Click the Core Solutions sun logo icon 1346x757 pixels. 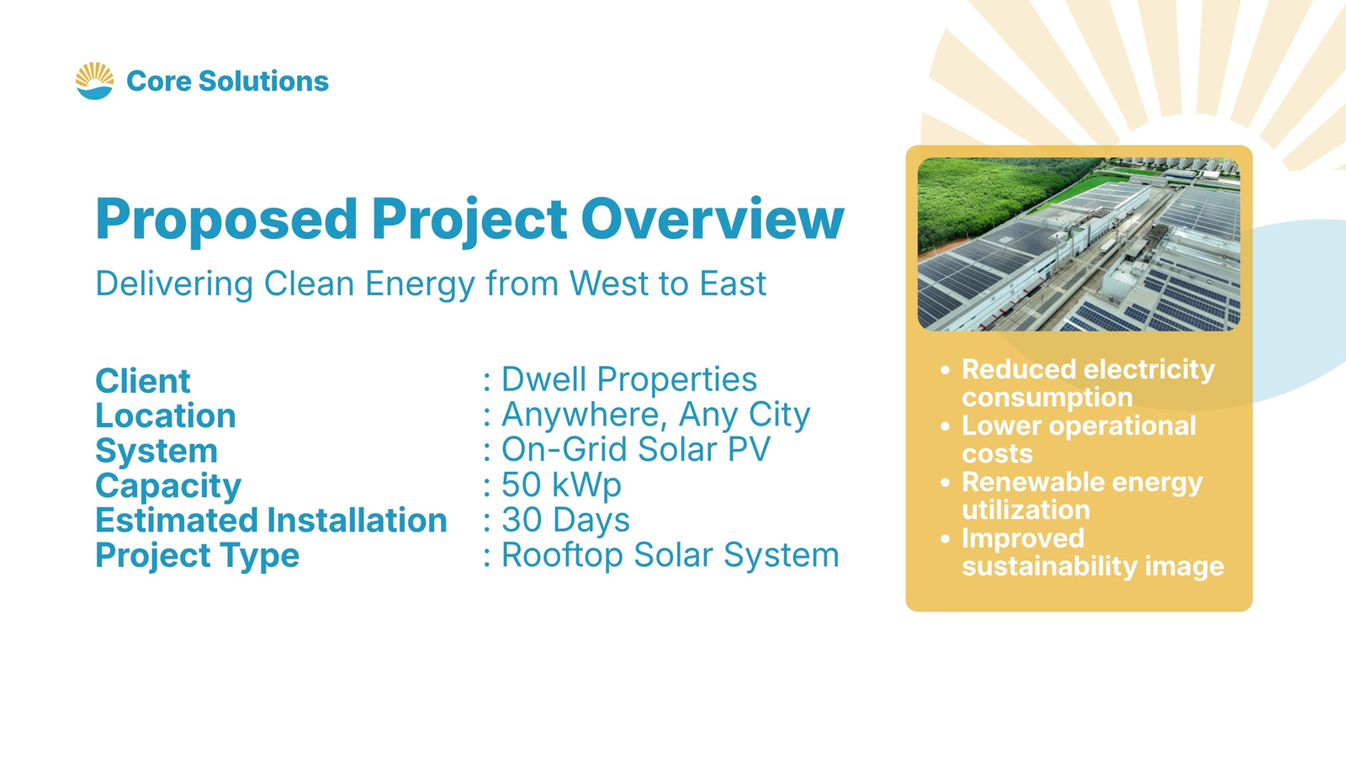coord(94,81)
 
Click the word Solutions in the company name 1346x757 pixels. coord(263,81)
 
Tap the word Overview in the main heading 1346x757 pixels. coord(713,219)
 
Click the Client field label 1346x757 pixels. coord(143,381)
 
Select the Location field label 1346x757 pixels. coord(166,416)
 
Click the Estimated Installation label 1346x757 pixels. coord(272,521)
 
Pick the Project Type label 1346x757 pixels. coord(197,556)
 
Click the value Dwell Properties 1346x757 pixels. coord(629,379)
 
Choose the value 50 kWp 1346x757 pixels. coord(561,485)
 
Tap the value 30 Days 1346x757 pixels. coord(565,521)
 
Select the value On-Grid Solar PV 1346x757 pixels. coord(636,449)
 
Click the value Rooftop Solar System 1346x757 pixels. coord(670,555)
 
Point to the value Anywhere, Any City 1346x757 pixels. coord(655,416)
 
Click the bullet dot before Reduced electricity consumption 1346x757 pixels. coord(946,369)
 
